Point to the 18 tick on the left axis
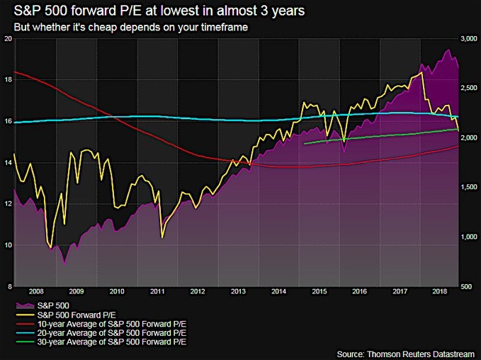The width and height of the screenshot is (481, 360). (x=8, y=80)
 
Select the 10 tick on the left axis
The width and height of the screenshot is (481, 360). (x=8, y=245)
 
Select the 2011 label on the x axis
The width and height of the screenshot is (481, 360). (x=157, y=291)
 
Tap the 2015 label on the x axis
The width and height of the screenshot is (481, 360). (x=319, y=291)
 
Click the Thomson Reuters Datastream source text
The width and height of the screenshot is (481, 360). (x=407, y=352)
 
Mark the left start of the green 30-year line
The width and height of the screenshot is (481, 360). (x=304, y=144)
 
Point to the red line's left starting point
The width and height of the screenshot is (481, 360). (x=14, y=72)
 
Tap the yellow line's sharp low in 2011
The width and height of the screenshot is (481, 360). (x=163, y=237)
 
